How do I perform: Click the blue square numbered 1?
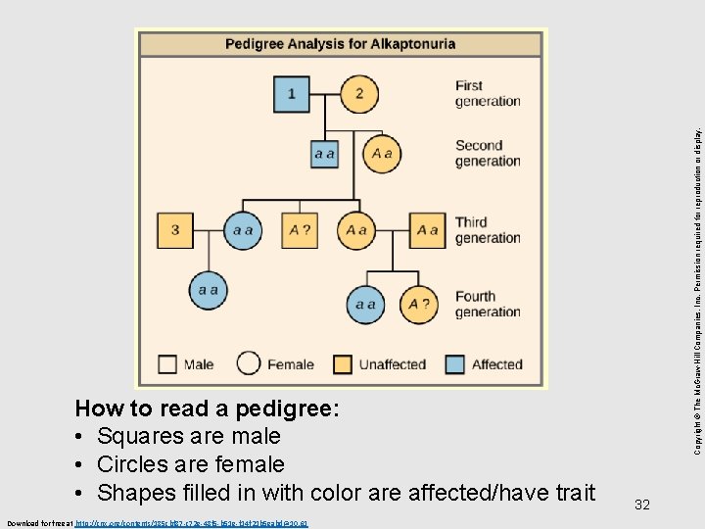click(x=292, y=94)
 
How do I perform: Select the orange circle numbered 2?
click(x=359, y=94)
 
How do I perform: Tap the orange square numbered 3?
click(x=175, y=230)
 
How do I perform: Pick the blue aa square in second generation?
click(x=325, y=154)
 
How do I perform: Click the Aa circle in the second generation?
click(x=381, y=154)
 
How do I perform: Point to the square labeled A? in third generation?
click(x=300, y=230)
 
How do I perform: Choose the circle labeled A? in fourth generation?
click(x=419, y=305)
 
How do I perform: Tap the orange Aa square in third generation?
click(x=427, y=230)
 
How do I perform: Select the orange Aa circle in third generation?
click(x=355, y=230)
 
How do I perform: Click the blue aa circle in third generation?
click(x=242, y=230)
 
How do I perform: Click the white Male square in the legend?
click(x=168, y=364)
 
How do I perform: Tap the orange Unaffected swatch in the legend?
click(x=343, y=364)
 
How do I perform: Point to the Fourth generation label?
click(x=488, y=304)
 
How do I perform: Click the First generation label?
click(x=488, y=93)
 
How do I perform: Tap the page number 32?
click(x=642, y=505)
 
